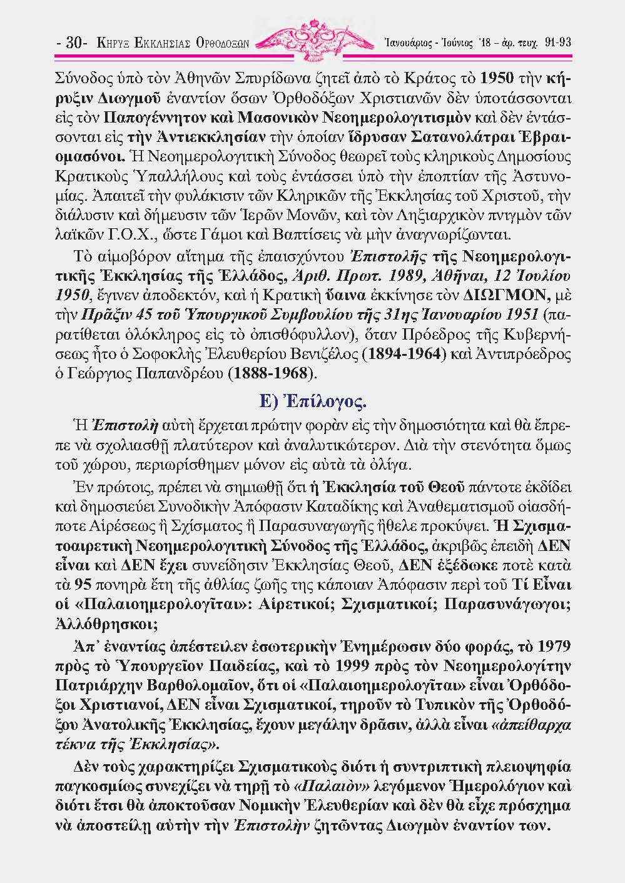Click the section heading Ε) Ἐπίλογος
313,400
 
